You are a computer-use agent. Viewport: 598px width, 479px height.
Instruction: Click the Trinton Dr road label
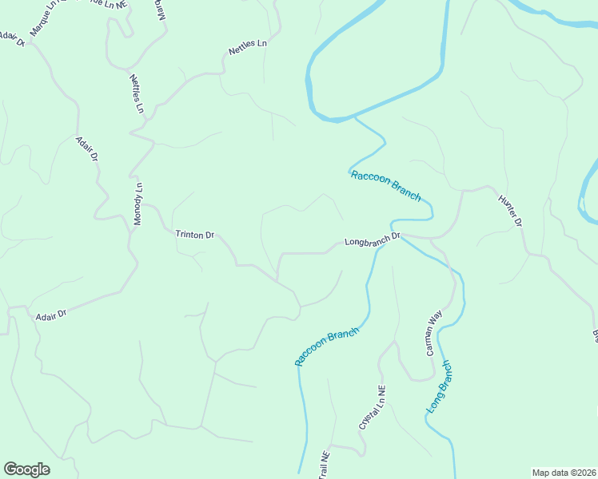(x=195, y=235)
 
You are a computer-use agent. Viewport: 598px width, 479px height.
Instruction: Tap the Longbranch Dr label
(x=371, y=239)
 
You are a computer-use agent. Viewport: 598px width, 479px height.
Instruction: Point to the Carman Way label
(x=433, y=333)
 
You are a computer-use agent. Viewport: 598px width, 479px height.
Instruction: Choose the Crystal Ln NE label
(x=373, y=409)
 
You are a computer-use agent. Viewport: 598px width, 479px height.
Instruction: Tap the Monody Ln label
(x=138, y=204)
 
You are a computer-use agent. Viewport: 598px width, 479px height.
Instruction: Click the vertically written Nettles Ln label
(x=137, y=93)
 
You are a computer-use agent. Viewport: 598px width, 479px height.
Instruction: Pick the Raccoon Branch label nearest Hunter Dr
(x=385, y=185)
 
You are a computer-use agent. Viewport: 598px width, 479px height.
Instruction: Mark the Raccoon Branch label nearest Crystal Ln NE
(x=326, y=346)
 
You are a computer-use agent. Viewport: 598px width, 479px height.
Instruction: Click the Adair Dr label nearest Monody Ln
(x=86, y=149)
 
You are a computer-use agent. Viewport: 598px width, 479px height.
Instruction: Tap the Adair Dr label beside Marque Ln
(x=12, y=38)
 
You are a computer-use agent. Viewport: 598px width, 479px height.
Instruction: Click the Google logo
(x=26, y=469)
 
